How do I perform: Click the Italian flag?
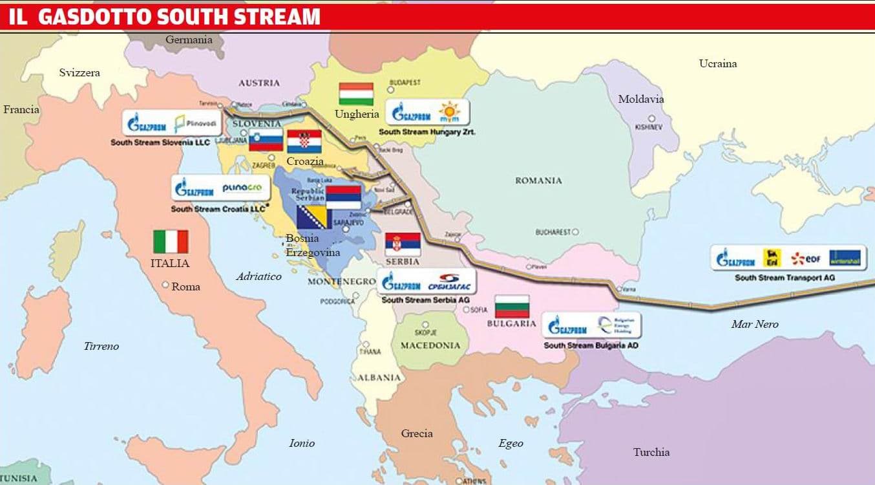171,241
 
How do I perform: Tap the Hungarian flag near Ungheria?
356,94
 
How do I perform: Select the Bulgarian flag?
512,306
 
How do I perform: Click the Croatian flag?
304,142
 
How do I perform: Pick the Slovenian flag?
266,140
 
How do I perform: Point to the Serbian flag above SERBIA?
403,244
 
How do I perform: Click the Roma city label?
185,286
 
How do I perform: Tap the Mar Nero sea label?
755,324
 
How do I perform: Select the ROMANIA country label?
538,180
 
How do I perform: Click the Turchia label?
651,452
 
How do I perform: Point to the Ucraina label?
717,63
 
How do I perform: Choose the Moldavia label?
640,99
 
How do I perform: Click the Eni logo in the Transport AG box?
773,259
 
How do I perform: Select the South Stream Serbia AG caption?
425,300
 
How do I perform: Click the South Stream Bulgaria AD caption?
591,345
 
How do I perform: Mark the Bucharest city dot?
575,232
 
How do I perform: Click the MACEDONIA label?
430,345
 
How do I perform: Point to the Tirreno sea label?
101,346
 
